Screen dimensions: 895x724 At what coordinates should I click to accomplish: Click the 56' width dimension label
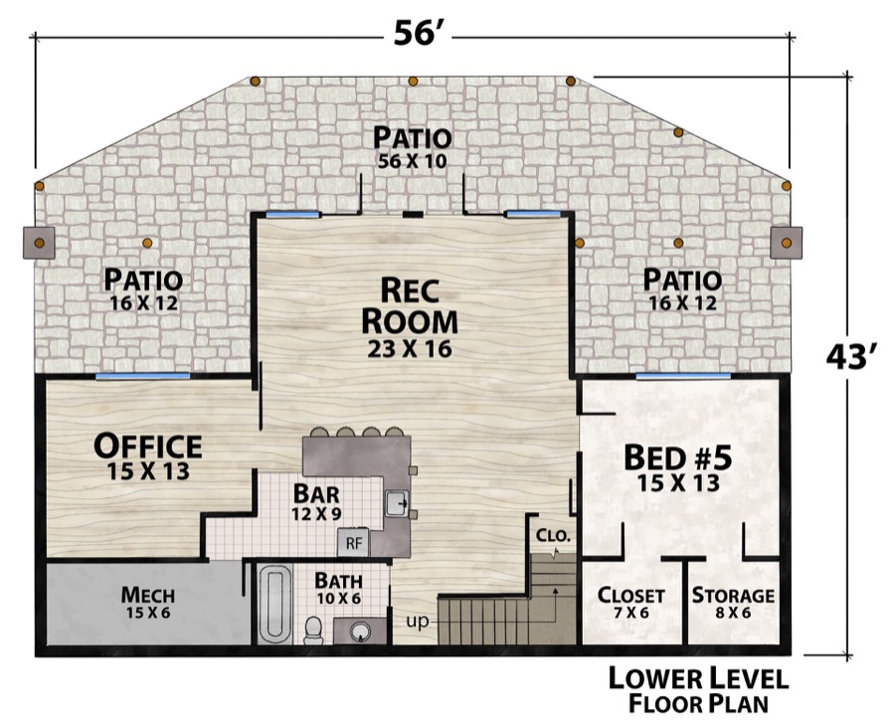click(415, 33)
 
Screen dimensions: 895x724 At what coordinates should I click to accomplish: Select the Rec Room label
click(410, 316)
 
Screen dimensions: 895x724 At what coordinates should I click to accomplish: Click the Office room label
click(148, 455)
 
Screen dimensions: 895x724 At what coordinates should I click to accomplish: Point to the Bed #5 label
click(677, 468)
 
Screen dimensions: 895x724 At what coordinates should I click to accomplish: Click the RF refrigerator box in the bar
click(354, 543)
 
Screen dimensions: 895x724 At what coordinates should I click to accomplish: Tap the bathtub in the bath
click(275, 605)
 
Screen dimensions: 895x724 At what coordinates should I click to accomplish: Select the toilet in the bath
click(313, 630)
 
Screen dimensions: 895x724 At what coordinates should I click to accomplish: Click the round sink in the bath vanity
click(360, 632)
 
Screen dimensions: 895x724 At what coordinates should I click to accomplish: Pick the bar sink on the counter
click(397, 503)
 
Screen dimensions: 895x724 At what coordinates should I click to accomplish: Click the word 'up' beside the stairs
click(418, 622)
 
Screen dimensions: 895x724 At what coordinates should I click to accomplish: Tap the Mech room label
click(148, 603)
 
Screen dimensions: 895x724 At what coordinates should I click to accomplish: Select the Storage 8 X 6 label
click(733, 603)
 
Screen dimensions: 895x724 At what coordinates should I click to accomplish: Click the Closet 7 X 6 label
click(630, 603)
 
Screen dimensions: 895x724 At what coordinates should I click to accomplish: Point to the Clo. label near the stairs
click(553, 536)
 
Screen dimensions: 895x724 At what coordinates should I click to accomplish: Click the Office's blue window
click(142, 376)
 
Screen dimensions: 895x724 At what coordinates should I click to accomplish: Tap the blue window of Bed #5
click(683, 376)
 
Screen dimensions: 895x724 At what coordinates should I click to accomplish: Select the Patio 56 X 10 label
click(412, 147)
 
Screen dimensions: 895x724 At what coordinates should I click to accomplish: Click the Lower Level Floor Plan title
click(698, 690)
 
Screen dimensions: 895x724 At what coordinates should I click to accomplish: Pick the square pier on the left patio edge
click(39, 243)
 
